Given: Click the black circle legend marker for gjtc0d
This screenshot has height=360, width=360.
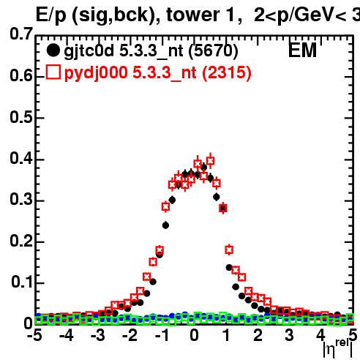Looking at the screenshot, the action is click(x=53, y=50).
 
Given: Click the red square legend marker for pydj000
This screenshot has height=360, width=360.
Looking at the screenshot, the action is click(x=53, y=72).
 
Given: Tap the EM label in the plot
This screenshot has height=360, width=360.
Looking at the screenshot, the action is click(x=302, y=50).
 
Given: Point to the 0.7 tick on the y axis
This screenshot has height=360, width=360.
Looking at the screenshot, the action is click(x=21, y=34).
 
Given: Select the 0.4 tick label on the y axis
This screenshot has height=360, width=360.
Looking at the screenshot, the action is click(x=21, y=158).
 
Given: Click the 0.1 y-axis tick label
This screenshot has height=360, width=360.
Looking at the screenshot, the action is click(x=21, y=282).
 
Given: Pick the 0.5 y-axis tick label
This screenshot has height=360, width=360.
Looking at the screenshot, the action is click(x=21, y=117).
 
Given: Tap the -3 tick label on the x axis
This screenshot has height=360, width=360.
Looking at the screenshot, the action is click(x=98, y=335).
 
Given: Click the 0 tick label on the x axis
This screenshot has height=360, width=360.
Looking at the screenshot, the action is click(x=194, y=335).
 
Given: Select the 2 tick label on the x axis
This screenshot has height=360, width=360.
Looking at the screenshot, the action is click(x=258, y=335).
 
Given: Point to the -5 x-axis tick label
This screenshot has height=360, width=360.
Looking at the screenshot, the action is click(x=34, y=335).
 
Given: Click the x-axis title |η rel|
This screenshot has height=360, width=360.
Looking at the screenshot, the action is click(x=338, y=349).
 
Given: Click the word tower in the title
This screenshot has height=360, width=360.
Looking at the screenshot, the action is click(x=192, y=15).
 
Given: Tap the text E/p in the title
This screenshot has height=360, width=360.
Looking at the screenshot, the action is click(x=51, y=15).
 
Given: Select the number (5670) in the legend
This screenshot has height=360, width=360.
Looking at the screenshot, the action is click(x=213, y=51).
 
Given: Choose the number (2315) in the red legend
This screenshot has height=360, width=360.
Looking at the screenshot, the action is click(x=226, y=73).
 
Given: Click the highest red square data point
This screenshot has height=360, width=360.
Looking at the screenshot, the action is click(x=210, y=161).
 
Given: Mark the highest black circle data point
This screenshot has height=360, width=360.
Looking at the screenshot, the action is click(x=204, y=168).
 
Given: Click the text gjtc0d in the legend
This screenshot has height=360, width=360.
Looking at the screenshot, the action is click(x=89, y=51).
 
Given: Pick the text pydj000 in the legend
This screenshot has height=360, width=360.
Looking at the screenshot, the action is click(x=96, y=73).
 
